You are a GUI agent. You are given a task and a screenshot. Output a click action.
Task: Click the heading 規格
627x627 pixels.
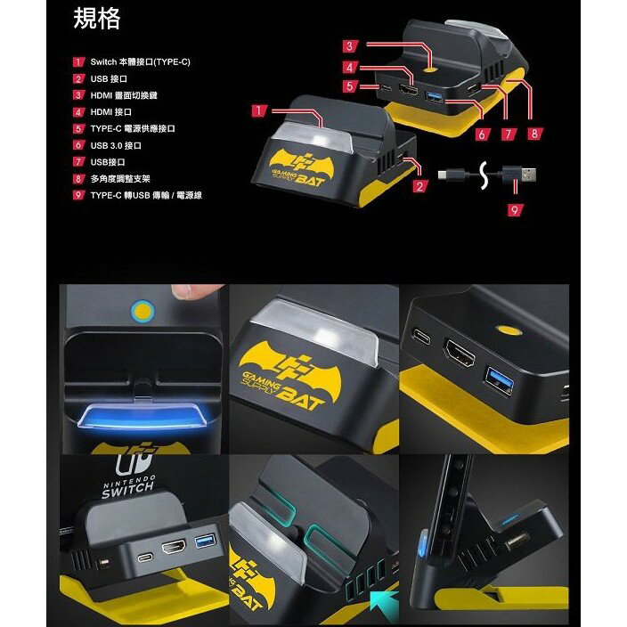click(96, 20)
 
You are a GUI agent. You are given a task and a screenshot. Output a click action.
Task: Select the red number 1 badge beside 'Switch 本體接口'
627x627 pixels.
click(79, 62)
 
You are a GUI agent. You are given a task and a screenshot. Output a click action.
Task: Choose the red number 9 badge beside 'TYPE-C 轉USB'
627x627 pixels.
click(79, 195)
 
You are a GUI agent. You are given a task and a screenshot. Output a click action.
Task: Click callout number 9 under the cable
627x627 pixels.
click(514, 210)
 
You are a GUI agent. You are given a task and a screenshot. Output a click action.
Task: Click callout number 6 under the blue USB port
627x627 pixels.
click(481, 134)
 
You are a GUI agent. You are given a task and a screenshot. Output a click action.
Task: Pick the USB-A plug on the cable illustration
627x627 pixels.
click(525, 172)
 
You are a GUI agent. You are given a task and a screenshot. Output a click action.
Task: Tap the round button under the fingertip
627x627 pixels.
click(142, 311)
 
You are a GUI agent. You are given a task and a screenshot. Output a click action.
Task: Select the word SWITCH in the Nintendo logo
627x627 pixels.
click(127, 491)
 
